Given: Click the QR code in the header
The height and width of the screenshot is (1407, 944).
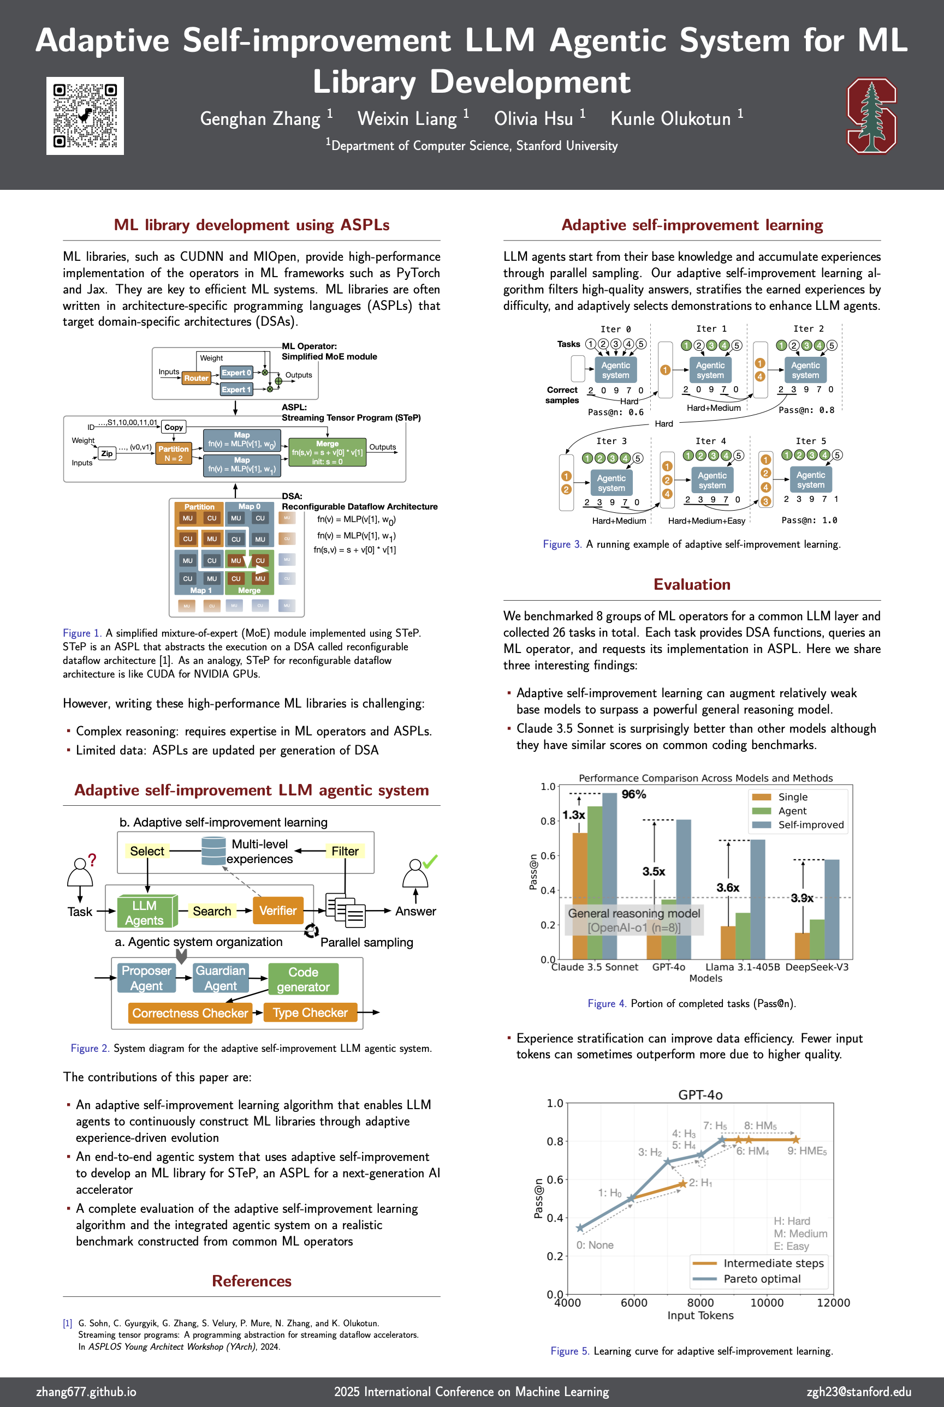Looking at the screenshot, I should pyautogui.click(x=85, y=116).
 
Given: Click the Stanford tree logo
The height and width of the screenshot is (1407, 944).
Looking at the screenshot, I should pyautogui.click(x=871, y=116).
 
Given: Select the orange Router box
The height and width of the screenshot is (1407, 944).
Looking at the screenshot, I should pyautogui.click(x=195, y=378).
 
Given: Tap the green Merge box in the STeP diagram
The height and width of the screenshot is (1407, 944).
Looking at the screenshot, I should pyautogui.click(x=327, y=452).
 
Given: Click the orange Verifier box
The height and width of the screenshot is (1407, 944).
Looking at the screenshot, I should pyautogui.click(x=277, y=911).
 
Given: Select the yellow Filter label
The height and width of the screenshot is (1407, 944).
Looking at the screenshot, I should pyautogui.click(x=345, y=851).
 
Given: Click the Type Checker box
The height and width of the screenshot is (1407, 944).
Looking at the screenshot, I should pyautogui.click(x=310, y=1013).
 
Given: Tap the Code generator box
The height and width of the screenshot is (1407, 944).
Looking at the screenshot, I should pyautogui.click(x=303, y=979).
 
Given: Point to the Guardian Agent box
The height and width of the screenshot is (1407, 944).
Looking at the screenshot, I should pyautogui.click(x=221, y=978).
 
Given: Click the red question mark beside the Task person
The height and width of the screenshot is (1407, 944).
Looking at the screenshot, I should pyautogui.click(x=92, y=860).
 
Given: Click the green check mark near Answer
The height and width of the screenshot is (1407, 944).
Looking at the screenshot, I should pyautogui.click(x=430, y=861).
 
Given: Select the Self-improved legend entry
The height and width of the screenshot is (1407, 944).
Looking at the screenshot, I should pyautogui.click(x=810, y=825).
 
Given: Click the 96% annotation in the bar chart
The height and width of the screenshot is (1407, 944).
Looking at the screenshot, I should pyautogui.click(x=633, y=794).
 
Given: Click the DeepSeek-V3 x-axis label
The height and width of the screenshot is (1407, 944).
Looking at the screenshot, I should pyautogui.click(x=816, y=967).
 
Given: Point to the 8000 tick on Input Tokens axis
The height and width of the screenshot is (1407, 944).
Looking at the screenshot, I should pyautogui.click(x=700, y=1302).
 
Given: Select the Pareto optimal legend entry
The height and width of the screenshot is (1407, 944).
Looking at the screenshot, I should pyautogui.click(x=762, y=1278).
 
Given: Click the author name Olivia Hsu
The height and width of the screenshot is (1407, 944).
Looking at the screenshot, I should pyautogui.click(x=533, y=118).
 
